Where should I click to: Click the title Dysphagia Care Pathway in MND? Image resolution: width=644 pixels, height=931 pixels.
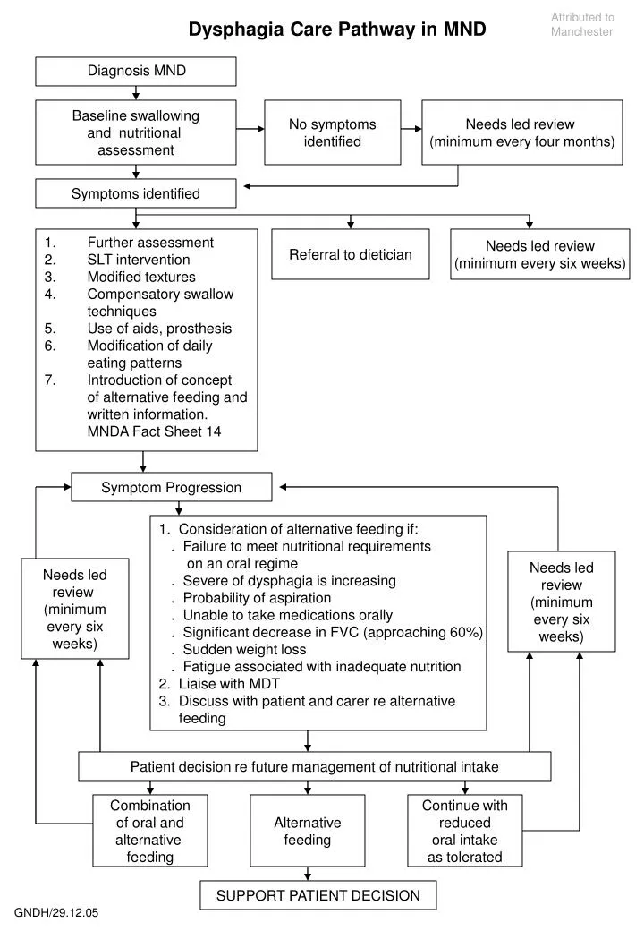(x=336, y=30)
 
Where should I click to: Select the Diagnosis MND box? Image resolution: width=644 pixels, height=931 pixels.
(x=136, y=72)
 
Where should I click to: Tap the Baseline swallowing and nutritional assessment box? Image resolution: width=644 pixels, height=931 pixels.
(x=136, y=132)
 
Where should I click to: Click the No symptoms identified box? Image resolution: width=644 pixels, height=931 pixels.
(x=332, y=132)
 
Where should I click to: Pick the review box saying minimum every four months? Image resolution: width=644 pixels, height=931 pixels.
(x=522, y=132)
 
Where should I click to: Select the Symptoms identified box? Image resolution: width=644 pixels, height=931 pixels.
(x=136, y=193)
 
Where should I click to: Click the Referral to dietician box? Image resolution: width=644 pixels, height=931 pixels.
(x=350, y=254)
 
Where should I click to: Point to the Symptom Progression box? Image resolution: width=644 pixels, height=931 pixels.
(x=172, y=488)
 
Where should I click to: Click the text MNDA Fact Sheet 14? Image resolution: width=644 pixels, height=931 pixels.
(x=154, y=431)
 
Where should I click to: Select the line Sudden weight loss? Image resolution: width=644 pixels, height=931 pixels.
(x=243, y=649)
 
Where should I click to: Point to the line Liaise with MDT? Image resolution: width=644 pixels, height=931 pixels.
(x=229, y=684)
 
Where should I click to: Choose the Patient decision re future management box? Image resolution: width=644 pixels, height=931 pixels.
(x=314, y=766)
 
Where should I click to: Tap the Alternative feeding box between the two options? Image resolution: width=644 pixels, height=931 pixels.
(x=308, y=831)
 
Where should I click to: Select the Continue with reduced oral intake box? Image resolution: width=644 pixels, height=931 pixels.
(x=464, y=831)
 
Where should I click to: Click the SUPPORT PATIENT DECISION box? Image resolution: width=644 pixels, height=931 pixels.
(x=318, y=895)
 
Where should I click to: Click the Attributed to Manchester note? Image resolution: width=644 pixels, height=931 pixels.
(x=582, y=24)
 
